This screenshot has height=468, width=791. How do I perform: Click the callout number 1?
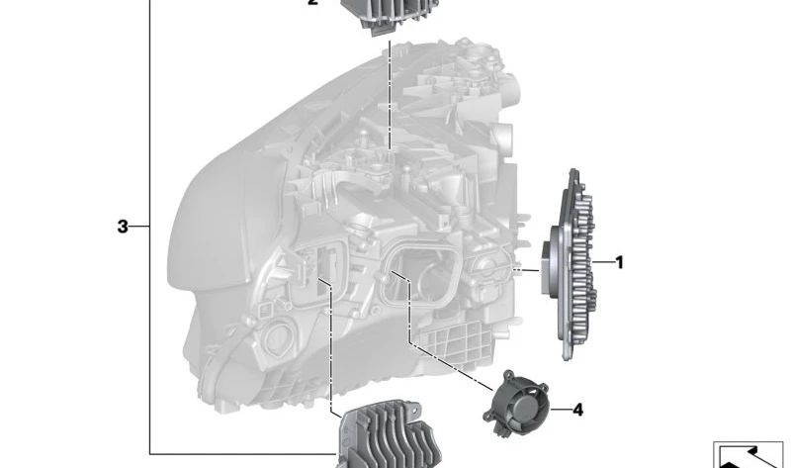pos(620,262)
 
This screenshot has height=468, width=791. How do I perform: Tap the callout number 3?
pos(123,227)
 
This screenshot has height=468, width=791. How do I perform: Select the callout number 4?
pos(577,410)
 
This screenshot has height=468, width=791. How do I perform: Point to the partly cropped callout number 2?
pos(312,3)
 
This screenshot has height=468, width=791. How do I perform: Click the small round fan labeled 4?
pos(516,403)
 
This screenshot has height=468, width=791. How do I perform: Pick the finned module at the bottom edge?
pos(389,435)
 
